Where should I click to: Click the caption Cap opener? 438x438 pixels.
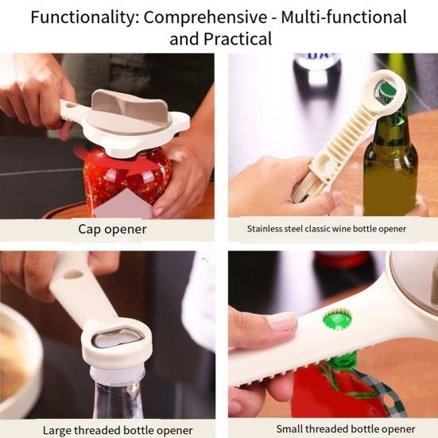(112, 230)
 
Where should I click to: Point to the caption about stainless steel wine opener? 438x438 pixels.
(326, 229)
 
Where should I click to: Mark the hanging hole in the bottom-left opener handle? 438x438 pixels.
(73, 273)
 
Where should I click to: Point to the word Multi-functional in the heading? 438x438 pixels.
(342, 17)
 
